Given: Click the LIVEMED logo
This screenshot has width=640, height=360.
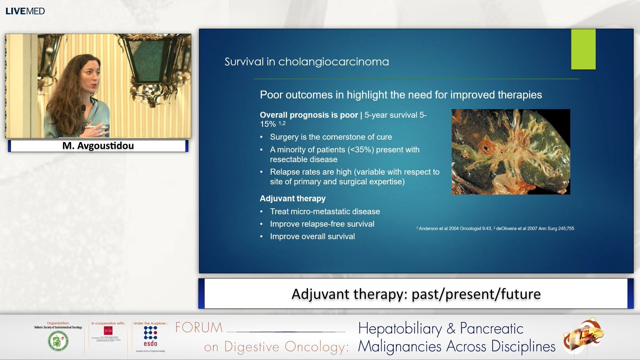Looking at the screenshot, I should [25, 11].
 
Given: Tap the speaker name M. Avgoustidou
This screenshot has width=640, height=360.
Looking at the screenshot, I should [98, 146].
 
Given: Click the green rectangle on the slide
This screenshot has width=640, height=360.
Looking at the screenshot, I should [583, 49].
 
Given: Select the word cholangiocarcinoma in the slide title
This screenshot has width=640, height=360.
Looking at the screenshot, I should [333, 62].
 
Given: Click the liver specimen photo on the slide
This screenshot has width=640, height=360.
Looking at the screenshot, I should [510, 152].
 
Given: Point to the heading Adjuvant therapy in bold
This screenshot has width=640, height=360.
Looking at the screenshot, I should [292, 198].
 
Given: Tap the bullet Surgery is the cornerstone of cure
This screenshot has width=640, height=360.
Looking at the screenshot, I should [331, 137].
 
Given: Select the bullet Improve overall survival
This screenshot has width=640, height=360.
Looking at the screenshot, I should [312, 236].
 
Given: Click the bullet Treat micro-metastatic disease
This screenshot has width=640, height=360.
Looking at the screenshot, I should [325, 211].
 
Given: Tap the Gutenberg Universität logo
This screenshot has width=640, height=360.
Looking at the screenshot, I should [107, 334].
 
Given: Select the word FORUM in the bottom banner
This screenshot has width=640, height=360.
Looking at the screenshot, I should [199, 328].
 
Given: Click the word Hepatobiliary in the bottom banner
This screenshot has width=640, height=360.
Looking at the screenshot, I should [400, 329].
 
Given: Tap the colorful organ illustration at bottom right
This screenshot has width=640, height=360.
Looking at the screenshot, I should [583, 336].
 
